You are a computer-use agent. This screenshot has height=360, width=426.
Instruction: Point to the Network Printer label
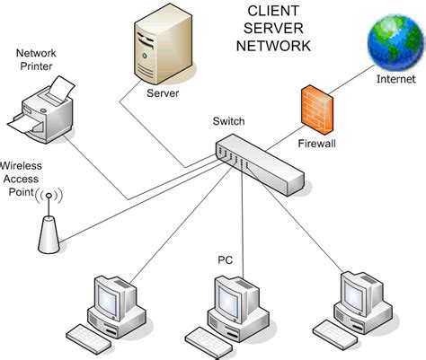tap(40, 59)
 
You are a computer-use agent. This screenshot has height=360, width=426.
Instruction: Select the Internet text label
tap(396, 79)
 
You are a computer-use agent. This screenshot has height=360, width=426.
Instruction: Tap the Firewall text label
tap(316, 143)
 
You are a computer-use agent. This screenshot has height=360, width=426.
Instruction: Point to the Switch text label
tap(227, 121)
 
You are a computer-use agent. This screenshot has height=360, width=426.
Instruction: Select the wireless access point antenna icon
tap(49, 224)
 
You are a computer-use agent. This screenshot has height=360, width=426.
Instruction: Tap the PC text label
tap(226, 259)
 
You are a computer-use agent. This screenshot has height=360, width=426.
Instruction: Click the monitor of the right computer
tap(359, 292)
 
